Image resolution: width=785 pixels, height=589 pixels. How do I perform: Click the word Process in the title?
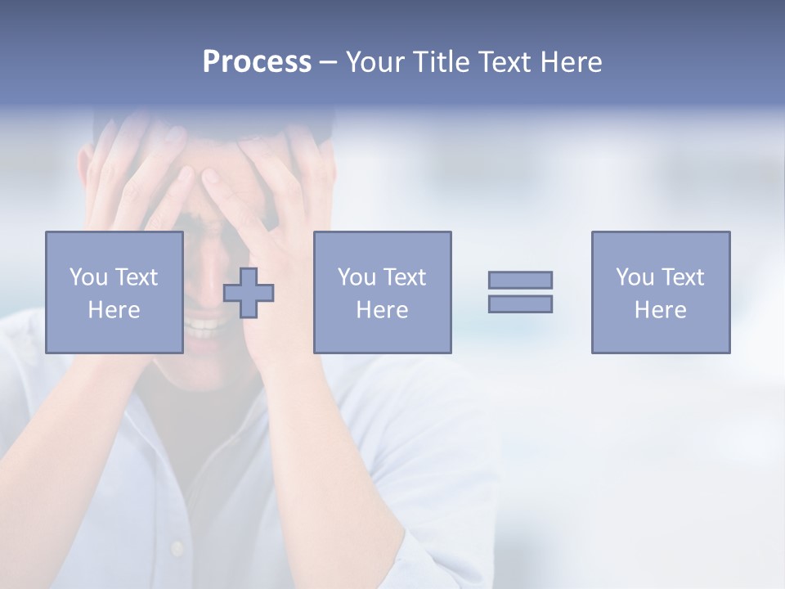pyautogui.click(x=257, y=62)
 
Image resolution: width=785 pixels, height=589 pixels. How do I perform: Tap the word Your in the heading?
pyautogui.click(x=376, y=62)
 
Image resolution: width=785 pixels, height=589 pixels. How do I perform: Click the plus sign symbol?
pyautogui.click(x=249, y=293)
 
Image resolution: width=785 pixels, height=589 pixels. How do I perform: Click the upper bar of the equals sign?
pyautogui.click(x=520, y=280)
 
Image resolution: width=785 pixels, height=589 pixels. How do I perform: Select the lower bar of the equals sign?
pyautogui.click(x=520, y=303)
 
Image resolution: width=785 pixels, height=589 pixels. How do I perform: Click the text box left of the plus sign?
pyautogui.click(x=114, y=292)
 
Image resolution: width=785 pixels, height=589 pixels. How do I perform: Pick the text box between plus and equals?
pyautogui.click(x=382, y=292)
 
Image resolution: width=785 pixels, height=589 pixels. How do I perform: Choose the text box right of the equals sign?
pyautogui.click(x=660, y=292)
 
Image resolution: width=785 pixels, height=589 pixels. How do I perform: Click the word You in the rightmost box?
pyautogui.click(x=635, y=277)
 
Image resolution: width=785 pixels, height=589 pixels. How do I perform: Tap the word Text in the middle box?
pyautogui.click(x=405, y=277)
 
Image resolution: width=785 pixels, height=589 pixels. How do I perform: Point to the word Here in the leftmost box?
pyautogui.click(x=114, y=310)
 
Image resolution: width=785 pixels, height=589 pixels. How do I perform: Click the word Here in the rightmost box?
pyautogui.click(x=660, y=310)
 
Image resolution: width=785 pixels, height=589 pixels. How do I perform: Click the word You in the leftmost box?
pyautogui.click(x=88, y=277)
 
